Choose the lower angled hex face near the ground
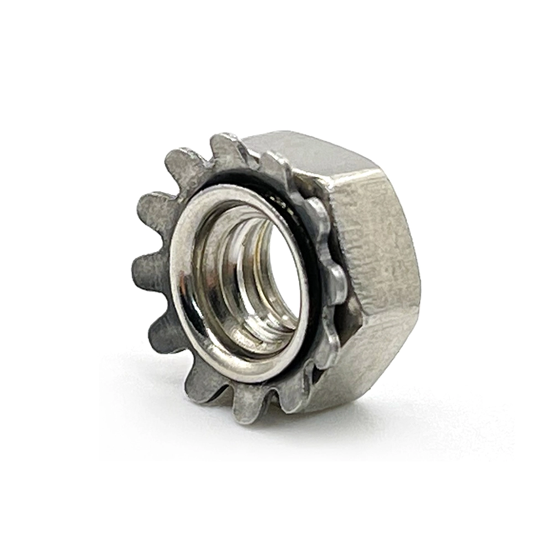click(x=355, y=371)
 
